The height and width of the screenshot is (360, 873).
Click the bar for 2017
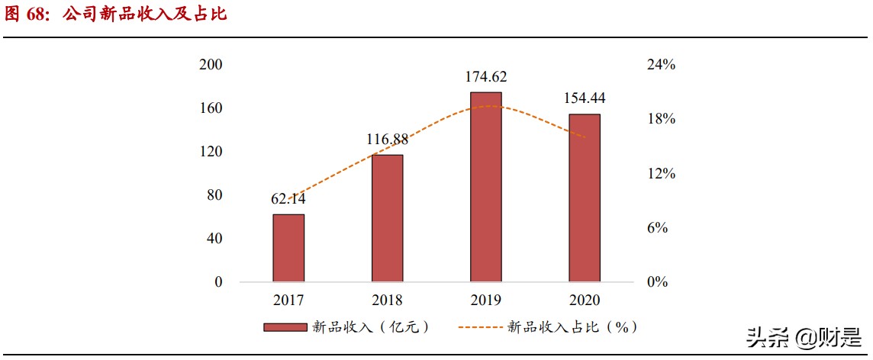coord(288,248)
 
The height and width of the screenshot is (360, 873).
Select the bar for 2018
coord(387,218)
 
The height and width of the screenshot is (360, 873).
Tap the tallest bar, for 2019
coord(486,187)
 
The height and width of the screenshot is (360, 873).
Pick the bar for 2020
coord(585,198)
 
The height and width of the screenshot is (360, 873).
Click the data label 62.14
coord(288,199)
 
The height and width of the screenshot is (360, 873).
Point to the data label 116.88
coord(387,139)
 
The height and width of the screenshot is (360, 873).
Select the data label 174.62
coord(486,76)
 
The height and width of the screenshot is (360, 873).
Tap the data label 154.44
coord(585,98)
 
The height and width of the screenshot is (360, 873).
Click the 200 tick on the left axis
coord(210,65)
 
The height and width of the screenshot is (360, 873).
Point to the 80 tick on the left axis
coord(214,195)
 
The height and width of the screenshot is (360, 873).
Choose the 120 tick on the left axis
coord(210,152)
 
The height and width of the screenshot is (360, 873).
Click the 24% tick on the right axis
coord(662,65)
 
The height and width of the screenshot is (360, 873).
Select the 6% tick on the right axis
coord(658,228)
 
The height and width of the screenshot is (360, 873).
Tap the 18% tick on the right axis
coord(662,120)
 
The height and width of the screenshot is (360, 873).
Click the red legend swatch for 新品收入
coord(285,327)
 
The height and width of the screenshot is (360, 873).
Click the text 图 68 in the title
coord(27,14)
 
